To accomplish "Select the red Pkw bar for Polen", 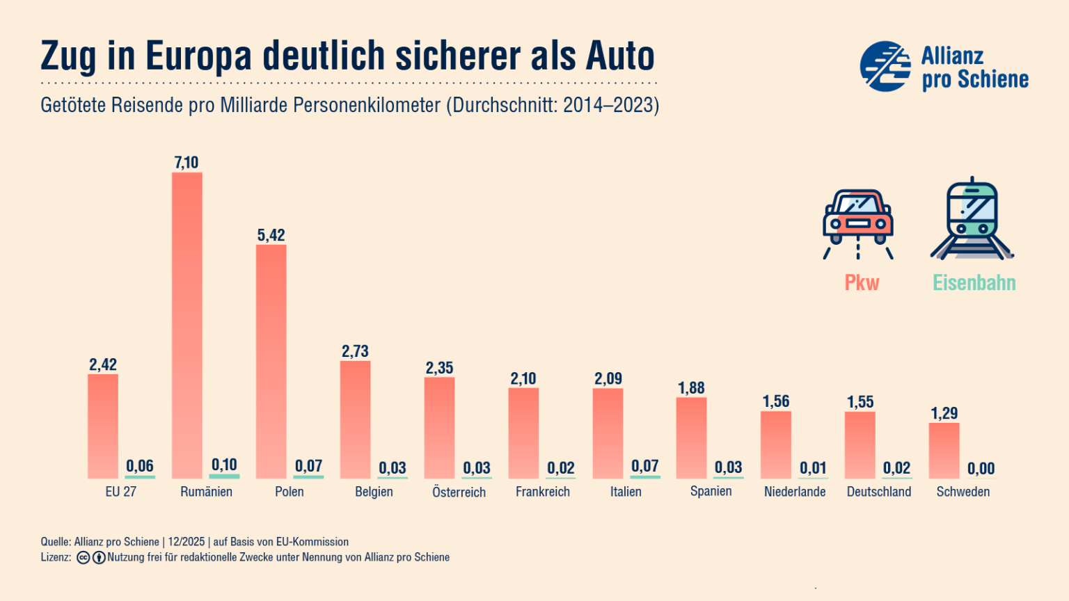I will (271, 362).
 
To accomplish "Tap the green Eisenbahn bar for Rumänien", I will (224, 476).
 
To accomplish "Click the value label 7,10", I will (186, 163).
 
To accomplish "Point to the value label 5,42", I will (271, 235).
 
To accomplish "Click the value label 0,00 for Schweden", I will (981, 468).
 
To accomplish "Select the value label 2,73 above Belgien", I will (355, 351).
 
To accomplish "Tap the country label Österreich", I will (459, 492).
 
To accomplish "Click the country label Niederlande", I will (795, 492).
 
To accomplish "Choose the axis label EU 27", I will (121, 492).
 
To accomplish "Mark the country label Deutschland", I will (879, 492).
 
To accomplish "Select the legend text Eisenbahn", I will (974, 283).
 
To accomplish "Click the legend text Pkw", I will (862, 283).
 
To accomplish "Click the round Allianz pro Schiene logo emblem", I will (885, 66).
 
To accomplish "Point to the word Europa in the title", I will (198, 56).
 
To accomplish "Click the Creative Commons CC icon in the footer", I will (84, 557).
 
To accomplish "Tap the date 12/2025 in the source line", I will (186, 542).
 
